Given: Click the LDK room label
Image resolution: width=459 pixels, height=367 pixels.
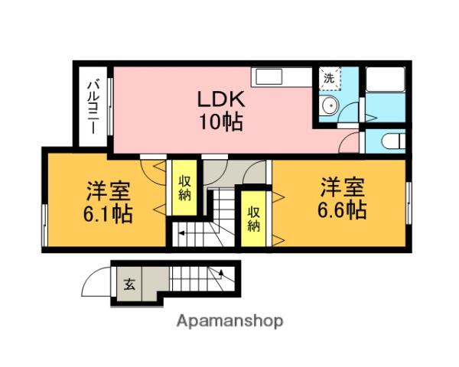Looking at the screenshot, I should (x=221, y=100).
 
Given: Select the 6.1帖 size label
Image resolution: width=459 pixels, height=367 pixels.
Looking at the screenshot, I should (x=107, y=213).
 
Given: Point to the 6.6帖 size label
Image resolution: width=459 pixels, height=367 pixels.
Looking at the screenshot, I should (x=341, y=209).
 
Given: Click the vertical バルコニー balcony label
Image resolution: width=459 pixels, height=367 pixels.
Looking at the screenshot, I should (x=93, y=106).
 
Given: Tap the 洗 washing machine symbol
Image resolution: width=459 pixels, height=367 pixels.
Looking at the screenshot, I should (x=329, y=78).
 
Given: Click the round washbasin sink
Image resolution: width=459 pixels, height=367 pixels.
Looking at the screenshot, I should (x=330, y=107).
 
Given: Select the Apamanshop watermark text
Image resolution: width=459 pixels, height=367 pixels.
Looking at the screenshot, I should (x=229, y=321).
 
